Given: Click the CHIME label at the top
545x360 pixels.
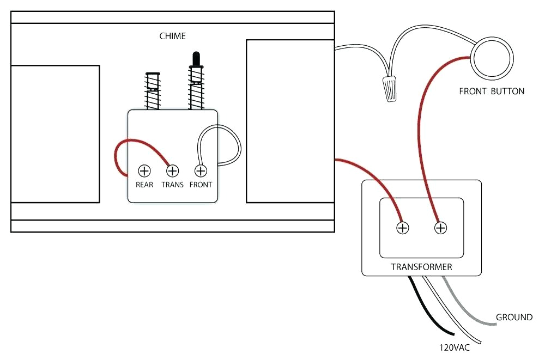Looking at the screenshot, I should click(172, 36).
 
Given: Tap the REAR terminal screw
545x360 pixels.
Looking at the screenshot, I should click(144, 171).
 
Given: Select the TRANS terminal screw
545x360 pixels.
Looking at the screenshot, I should click(172, 171).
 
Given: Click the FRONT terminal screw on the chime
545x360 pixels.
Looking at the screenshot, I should click(201, 171).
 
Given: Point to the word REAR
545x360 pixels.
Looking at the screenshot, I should click(144, 185).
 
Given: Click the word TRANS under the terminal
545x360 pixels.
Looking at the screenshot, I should click(172, 185).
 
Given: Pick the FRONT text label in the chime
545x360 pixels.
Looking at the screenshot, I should click(201, 185).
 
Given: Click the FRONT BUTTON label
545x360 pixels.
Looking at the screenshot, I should click(492, 91).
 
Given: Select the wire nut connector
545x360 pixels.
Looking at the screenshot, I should click(389, 89).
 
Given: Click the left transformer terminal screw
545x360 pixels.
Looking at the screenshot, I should click(402, 228).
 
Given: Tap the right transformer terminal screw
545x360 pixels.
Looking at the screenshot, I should click(440, 228).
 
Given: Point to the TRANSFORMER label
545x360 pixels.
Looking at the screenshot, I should click(421, 267).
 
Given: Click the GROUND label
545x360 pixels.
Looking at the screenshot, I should click(514, 317).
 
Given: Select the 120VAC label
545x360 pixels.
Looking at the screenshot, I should click(454, 346).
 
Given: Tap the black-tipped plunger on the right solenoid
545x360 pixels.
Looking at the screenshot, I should click(196, 59).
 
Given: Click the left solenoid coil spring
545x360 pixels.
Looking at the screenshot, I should click(152, 93).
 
